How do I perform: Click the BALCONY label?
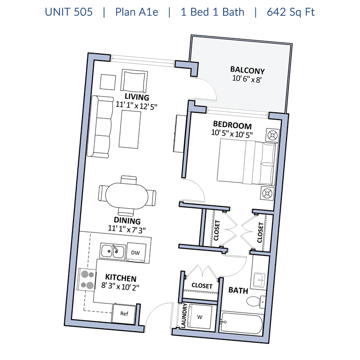pyautogui.click(x=247, y=70)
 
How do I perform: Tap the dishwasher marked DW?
pyautogui.click(x=136, y=252)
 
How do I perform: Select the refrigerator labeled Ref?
pyautogui.click(x=124, y=313)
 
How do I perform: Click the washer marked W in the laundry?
pyautogui.click(x=200, y=317)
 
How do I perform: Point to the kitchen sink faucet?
pyautogui.click(x=115, y=249)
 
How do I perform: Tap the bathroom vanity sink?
pyautogui.click(x=259, y=280)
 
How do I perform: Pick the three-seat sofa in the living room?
pyautogui.click(x=100, y=127)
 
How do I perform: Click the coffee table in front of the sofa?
pyautogui.click(x=130, y=129)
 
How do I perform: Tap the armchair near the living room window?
pyautogui.click(x=134, y=81)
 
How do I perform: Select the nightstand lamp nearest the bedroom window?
pyautogui.click(x=273, y=135)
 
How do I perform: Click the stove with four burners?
pyautogui.click(x=87, y=280)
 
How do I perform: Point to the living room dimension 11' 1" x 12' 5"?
pyautogui.click(x=136, y=106)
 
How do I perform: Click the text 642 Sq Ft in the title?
pyautogui.click(x=291, y=12)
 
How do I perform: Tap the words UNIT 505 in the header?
pyautogui.click(x=69, y=12)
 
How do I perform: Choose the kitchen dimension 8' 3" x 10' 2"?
pyautogui.click(x=120, y=286)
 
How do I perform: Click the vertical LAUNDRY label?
pyautogui.click(x=184, y=316)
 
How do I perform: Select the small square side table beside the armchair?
pyautogui.click(x=108, y=82)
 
